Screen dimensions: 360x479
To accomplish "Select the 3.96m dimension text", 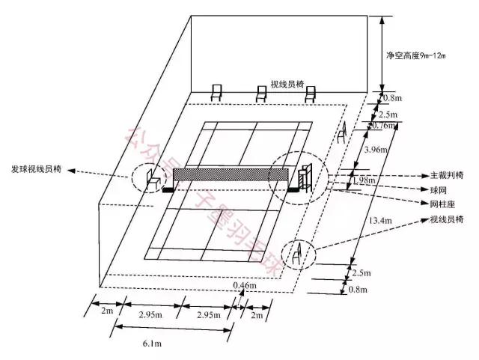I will [x=373, y=150].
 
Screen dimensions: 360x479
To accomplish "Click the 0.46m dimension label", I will [x=245, y=286].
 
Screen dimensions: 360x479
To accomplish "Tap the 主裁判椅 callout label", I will [x=446, y=176].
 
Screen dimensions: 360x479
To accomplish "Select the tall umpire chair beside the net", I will [x=305, y=177].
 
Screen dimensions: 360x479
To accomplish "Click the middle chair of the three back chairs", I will [x=261, y=94].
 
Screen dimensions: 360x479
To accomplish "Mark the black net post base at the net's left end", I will [x=166, y=189].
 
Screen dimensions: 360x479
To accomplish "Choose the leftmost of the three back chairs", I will [x=216, y=93].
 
